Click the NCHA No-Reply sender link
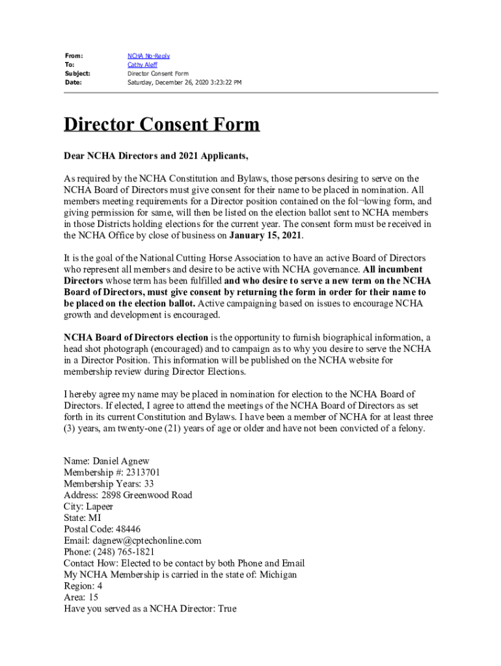[x=148, y=57]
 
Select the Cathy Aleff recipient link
[x=142, y=65]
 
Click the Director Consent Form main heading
[x=161, y=124]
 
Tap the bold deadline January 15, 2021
[x=265, y=235]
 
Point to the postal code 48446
[x=128, y=529]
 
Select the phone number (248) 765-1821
[x=122, y=552]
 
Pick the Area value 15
[x=94, y=598]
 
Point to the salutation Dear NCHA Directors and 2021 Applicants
[x=156, y=156]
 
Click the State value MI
[x=95, y=518]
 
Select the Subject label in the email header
[x=77, y=74]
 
